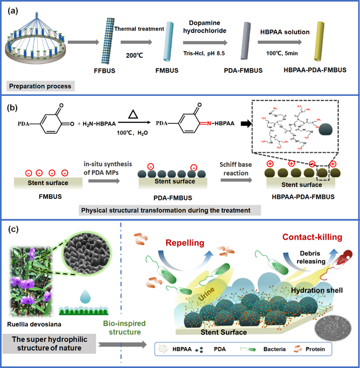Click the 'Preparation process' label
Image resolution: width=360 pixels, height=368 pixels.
point(39,86)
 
